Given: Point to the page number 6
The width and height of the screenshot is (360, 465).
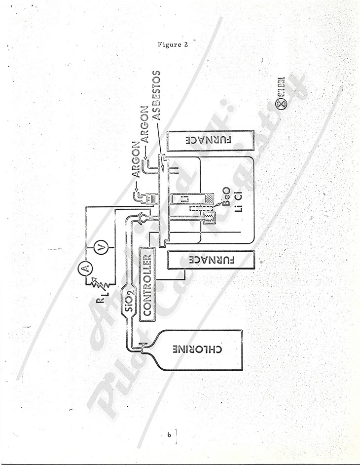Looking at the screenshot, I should click(169, 435).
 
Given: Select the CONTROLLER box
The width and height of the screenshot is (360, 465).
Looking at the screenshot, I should click(146, 284).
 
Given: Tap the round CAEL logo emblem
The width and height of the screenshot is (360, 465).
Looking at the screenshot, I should click(281, 105).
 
